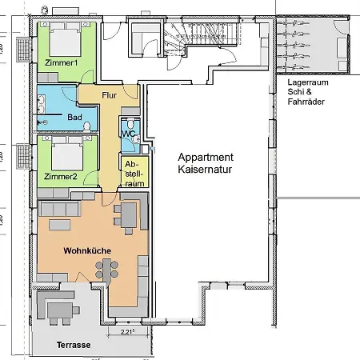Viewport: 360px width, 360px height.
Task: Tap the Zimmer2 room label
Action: click(61, 176)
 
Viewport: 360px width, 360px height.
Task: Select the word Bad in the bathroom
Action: click(75, 118)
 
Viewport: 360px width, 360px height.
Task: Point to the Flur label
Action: click(110, 96)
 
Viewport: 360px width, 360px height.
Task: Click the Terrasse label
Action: click(73, 345)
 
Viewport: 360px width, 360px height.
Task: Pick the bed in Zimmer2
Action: click(66, 152)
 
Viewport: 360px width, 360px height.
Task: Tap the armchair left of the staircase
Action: click(144, 38)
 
